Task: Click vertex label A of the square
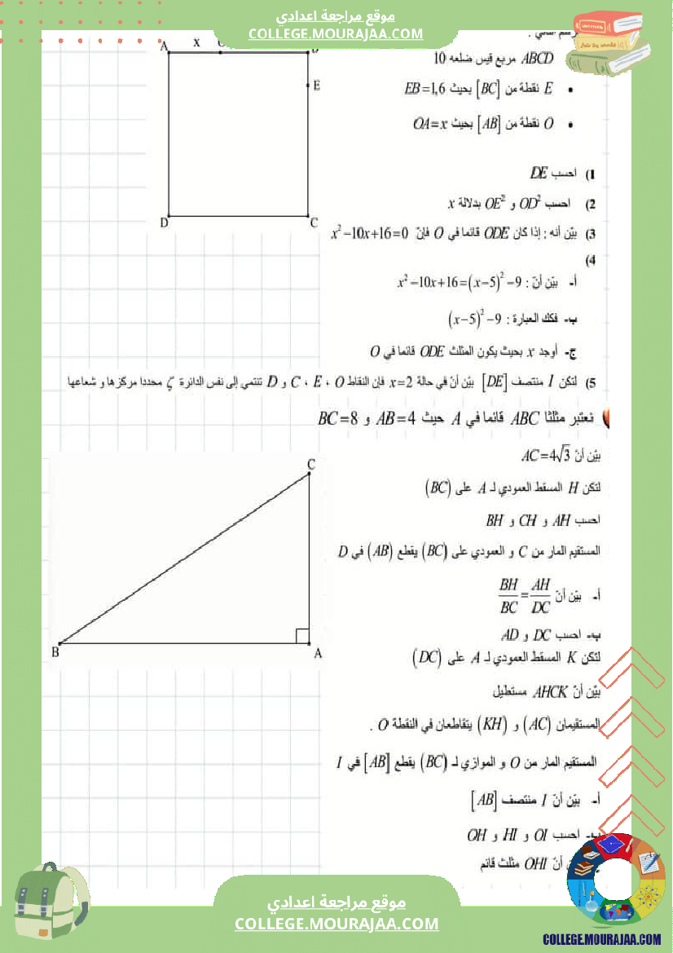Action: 164,47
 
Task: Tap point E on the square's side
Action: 316,85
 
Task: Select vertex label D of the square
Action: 164,222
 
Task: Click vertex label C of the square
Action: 314,222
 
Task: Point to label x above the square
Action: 196,42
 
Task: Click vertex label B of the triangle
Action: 55,651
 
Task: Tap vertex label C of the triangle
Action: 310,464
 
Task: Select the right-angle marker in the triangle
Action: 301,636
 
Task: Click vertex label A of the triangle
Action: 318,652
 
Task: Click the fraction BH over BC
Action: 508,597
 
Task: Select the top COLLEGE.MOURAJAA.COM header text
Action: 336,33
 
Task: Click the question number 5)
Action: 592,382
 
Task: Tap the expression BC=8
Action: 338,420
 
